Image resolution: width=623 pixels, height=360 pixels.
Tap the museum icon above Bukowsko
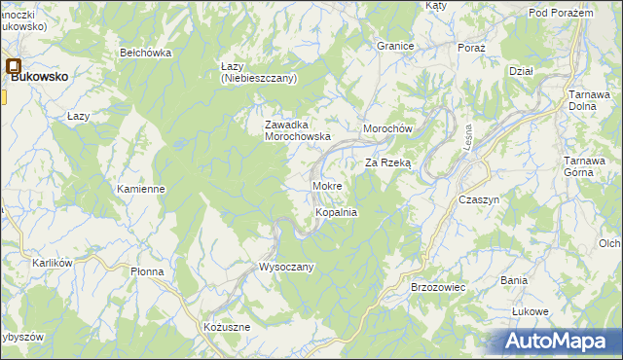coord(14,67)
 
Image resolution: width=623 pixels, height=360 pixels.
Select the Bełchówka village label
coord(145,53)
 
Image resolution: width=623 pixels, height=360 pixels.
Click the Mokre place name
coord(327,185)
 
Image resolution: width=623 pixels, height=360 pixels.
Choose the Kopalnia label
coord(337,211)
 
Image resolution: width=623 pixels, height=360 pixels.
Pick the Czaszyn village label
coord(478,198)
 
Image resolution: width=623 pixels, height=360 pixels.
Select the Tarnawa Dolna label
coord(589,100)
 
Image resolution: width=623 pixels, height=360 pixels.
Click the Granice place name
coord(396,46)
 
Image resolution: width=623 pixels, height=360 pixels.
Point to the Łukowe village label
coord(531,311)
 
